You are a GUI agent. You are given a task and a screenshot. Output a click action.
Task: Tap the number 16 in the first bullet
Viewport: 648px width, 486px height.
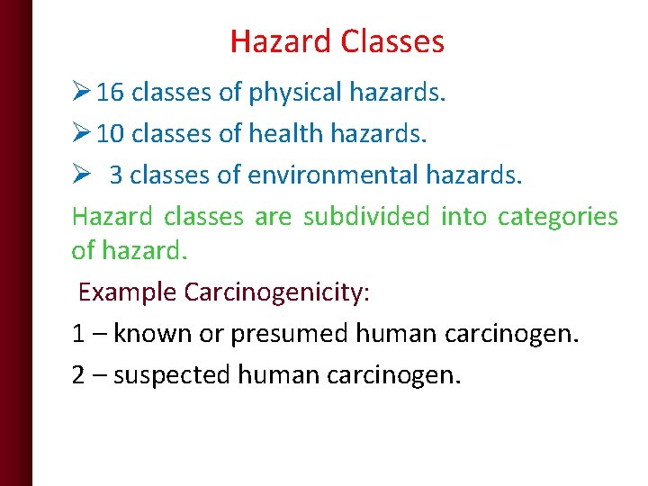(110, 92)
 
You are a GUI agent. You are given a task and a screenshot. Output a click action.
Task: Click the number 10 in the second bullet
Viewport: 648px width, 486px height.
(110, 133)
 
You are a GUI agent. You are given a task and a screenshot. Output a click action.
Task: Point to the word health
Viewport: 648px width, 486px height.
(285, 133)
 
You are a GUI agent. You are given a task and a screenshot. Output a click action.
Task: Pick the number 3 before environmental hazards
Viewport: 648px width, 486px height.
(116, 175)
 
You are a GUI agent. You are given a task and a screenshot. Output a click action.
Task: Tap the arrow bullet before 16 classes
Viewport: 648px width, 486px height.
(80, 92)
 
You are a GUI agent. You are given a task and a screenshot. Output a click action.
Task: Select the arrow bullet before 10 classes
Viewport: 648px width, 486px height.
(80, 133)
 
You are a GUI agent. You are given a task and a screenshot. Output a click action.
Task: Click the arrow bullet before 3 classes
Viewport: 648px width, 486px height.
(80, 175)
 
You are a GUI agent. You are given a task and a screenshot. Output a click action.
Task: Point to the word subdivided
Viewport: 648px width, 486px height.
(366, 217)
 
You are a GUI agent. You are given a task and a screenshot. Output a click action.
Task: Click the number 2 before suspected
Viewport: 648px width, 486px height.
(78, 374)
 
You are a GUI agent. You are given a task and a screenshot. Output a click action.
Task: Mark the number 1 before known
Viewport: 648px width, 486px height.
(78, 334)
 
